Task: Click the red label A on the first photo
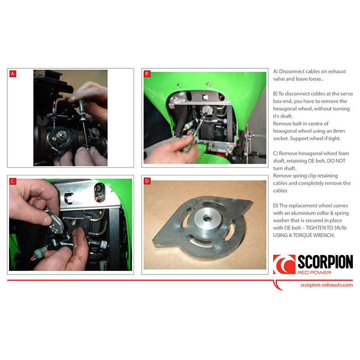[x=13, y=74]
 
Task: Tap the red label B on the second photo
[x=147, y=74]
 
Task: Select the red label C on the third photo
[x=13, y=181]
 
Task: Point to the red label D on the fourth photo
[x=147, y=181]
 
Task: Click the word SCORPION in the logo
[x=325, y=262]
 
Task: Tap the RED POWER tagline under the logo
[x=314, y=273]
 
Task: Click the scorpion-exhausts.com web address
[x=327, y=285]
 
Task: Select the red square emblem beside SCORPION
[x=284, y=264]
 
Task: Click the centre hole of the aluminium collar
[x=207, y=218]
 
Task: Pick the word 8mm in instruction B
[x=339, y=131]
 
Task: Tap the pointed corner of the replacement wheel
[x=252, y=202]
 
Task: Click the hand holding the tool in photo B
[x=171, y=149]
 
